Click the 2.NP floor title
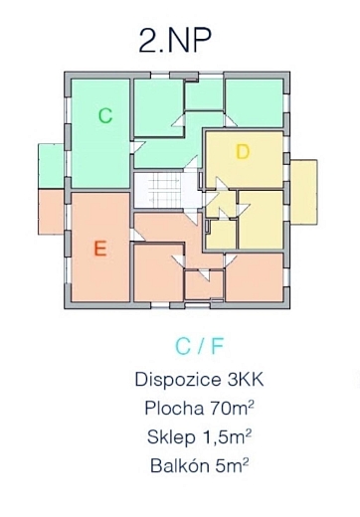pyautogui.click(x=175, y=40)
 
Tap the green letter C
pyautogui.click(x=105, y=115)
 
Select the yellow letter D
pyautogui.click(x=243, y=152)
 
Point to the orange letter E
pyautogui.click(x=100, y=249)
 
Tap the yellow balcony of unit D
pyautogui.click(x=304, y=192)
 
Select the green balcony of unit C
pyautogui.click(x=51, y=166)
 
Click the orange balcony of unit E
pyautogui.click(x=51, y=212)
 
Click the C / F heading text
pyautogui.click(x=199, y=347)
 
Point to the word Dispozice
pyautogui.click(x=178, y=380)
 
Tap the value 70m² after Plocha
pyautogui.click(x=232, y=408)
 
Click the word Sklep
pyautogui.click(x=171, y=437)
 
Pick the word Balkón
pyautogui.click(x=180, y=465)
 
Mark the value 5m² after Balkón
pyautogui.click(x=232, y=465)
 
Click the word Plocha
pyautogui.click(x=174, y=408)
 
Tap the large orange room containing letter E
pyautogui.click(x=100, y=248)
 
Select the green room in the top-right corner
pyautogui.click(x=255, y=103)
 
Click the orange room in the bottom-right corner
pyautogui.click(x=255, y=277)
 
